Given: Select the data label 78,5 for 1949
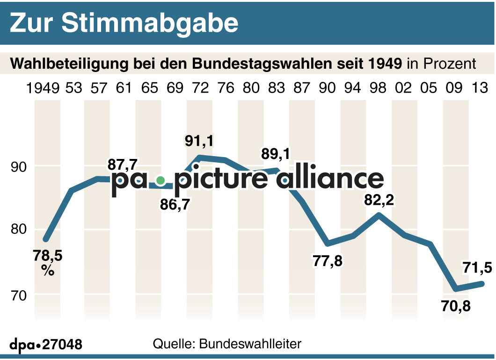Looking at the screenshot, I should point(48,256).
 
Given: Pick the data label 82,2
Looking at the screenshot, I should point(379,201).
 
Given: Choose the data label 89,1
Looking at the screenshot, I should point(277,154).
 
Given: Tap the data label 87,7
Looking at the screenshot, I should point(123,165).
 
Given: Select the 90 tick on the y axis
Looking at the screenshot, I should point(19,166).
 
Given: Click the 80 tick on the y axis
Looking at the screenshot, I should point(19,230).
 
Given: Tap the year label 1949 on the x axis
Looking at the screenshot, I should point(44,87).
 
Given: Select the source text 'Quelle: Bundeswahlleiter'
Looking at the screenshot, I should point(227,344).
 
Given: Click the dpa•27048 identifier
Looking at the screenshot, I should point(46,345).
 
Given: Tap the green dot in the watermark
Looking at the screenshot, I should point(160,180).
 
